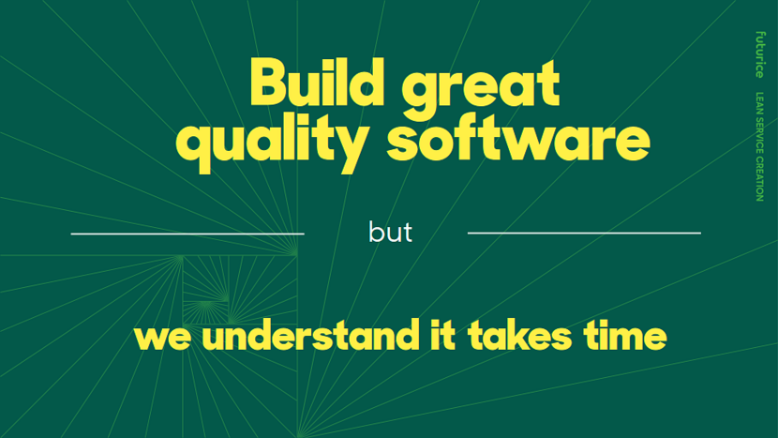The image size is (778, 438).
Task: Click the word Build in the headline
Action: [317, 82]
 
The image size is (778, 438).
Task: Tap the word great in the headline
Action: [480, 89]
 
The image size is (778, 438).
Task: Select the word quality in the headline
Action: [272, 141]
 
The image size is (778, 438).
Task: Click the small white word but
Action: [390, 232]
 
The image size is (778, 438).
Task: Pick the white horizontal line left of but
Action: [187, 234]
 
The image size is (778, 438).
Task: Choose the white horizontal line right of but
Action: [584, 233]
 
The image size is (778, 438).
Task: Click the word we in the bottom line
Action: [162, 338]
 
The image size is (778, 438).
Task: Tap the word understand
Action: [310, 334]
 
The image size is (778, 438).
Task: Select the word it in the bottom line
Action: [442, 335]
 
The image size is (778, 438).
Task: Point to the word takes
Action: [519, 335]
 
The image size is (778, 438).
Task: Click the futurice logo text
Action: [759, 54]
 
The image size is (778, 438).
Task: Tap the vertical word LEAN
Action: [759, 103]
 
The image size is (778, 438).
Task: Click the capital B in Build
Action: [268, 82]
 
